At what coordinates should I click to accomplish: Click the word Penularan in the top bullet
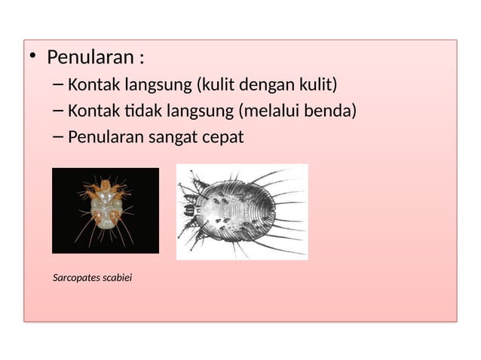pos(88,58)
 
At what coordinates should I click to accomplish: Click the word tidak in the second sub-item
pos(135,111)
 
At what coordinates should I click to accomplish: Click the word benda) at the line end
pos(332,111)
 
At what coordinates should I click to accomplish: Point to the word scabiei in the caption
pos(117,279)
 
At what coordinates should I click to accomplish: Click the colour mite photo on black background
pos(106,210)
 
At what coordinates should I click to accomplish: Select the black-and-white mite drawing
pos(242,212)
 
